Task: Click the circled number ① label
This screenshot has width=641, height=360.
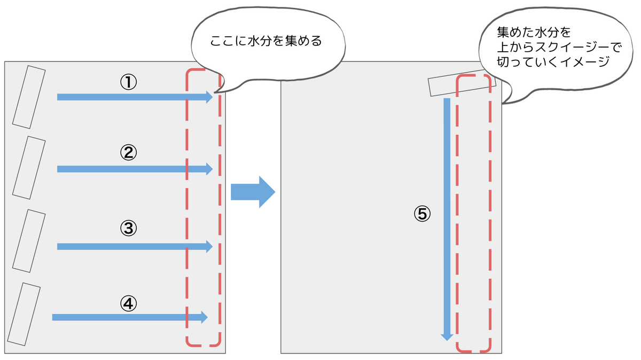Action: pyautogui.click(x=128, y=82)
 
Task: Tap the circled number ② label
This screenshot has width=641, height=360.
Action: pyautogui.click(x=128, y=153)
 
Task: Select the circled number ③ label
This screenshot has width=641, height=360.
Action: pyautogui.click(x=128, y=229)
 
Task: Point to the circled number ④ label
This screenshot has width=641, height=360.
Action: pyautogui.click(x=128, y=303)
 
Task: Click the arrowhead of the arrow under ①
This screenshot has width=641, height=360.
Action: pyautogui.click(x=209, y=97)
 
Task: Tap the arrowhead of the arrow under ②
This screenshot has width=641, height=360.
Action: pyautogui.click(x=209, y=169)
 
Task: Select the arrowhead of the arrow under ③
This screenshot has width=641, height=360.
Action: pyautogui.click(x=209, y=246)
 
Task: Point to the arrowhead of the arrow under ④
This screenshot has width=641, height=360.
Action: pyautogui.click(x=204, y=317)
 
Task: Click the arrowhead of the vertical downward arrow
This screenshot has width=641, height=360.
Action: pyautogui.click(x=447, y=336)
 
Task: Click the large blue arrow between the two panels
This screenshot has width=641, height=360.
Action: pyautogui.click(x=253, y=192)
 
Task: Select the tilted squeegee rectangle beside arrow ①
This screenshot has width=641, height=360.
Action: pyautogui.click(x=29, y=97)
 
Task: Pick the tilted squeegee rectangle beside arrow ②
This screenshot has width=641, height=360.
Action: pyautogui.click(x=29, y=168)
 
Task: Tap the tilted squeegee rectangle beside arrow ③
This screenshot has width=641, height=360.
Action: pyautogui.click(x=29, y=241)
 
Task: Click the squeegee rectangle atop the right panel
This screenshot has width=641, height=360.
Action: pyautogui.click(x=462, y=85)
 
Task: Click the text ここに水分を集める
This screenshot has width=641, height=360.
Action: pyautogui.click(x=266, y=41)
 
